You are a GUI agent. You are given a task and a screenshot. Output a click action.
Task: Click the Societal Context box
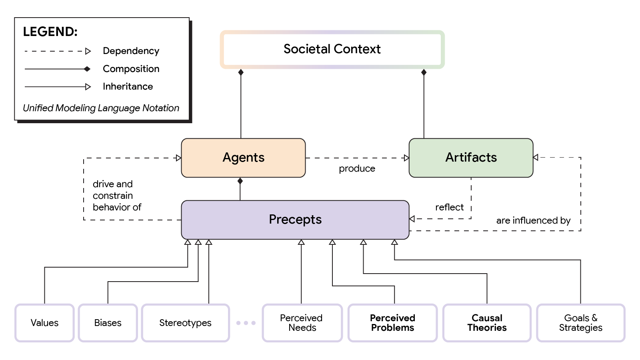[332, 49]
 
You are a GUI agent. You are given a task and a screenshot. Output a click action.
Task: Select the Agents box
[243, 158]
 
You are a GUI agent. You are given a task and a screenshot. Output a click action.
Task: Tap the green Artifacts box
[471, 158]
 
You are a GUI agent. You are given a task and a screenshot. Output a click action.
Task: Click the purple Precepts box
[295, 220]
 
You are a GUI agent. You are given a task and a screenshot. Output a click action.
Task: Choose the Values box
[44, 323]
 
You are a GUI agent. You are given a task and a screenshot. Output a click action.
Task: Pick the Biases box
[108, 323]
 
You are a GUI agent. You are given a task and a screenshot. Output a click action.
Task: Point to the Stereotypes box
[185, 323]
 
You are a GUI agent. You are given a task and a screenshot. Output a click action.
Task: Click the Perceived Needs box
[302, 323]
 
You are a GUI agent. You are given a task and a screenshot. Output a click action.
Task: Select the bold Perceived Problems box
[392, 323]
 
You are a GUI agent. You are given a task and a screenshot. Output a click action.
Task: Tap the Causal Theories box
[487, 323]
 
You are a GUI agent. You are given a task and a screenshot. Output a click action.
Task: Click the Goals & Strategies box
[580, 323]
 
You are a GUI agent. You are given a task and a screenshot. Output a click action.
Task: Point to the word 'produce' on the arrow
[357, 169]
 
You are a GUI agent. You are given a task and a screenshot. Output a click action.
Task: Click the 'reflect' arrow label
[449, 207]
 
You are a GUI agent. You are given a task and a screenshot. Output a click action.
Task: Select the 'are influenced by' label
[533, 220]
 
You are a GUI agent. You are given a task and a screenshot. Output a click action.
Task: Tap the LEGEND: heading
[50, 32]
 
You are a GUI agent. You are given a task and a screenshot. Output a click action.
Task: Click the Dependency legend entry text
[131, 51]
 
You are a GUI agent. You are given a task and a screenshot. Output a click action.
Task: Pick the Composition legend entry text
[131, 69]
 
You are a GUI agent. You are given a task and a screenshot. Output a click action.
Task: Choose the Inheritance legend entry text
[128, 86]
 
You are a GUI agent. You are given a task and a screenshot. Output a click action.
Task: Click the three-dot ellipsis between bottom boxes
[246, 323]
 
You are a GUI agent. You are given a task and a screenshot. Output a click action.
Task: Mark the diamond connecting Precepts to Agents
[240, 181]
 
